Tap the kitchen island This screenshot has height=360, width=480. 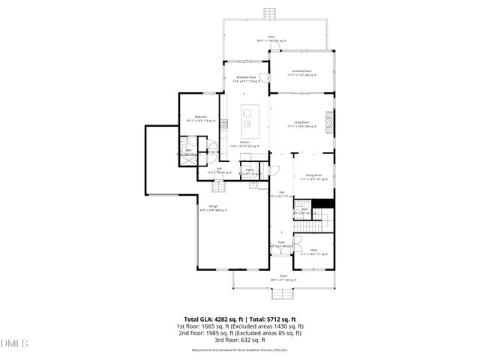pyautogui.click(x=249, y=119)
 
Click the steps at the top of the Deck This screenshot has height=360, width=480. pyautogui.click(x=269, y=14)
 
